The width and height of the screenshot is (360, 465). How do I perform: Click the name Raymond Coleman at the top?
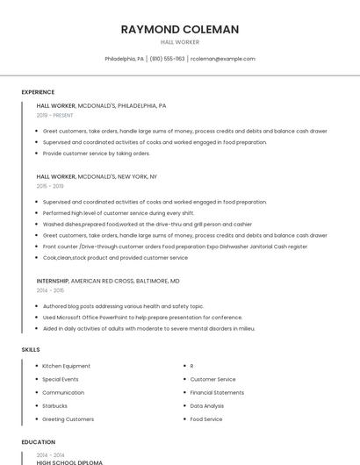tap(179, 29)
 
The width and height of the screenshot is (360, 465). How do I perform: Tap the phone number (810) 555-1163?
tap(167, 59)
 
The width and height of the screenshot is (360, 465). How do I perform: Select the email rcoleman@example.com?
tap(222, 59)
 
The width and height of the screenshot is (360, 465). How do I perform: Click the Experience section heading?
tap(38, 92)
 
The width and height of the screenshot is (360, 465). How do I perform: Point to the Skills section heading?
tap(31, 349)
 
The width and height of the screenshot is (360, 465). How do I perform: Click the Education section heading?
tap(38, 442)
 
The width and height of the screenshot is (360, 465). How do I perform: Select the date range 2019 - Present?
tap(54, 115)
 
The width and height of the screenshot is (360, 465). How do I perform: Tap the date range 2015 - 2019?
tap(50, 186)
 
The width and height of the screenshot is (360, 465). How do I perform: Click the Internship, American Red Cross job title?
tap(108, 281)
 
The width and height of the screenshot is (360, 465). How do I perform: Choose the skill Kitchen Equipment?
tap(67, 366)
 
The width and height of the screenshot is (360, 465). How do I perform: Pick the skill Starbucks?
tap(55, 406)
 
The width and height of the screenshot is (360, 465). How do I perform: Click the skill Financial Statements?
tap(217, 392)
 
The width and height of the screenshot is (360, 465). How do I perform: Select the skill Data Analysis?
tap(207, 406)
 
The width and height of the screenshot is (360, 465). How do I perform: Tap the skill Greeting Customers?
tap(68, 419)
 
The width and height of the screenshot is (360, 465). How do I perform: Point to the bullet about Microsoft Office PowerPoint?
tap(142, 318)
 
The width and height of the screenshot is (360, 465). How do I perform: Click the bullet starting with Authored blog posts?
tap(123, 306)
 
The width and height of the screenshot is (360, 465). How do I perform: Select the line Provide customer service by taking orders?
tap(97, 154)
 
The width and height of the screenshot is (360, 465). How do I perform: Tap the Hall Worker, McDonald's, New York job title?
tap(97, 176)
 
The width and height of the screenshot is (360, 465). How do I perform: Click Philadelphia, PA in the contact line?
tap(125, 59)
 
